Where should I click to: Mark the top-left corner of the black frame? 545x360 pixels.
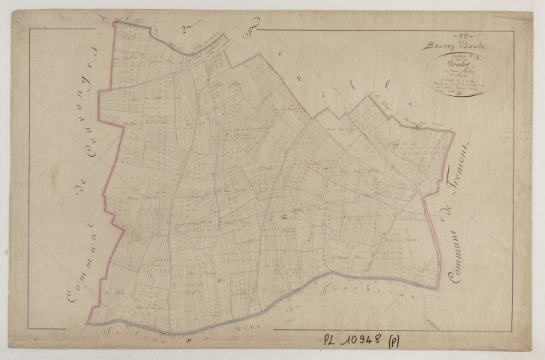[31, 28]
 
